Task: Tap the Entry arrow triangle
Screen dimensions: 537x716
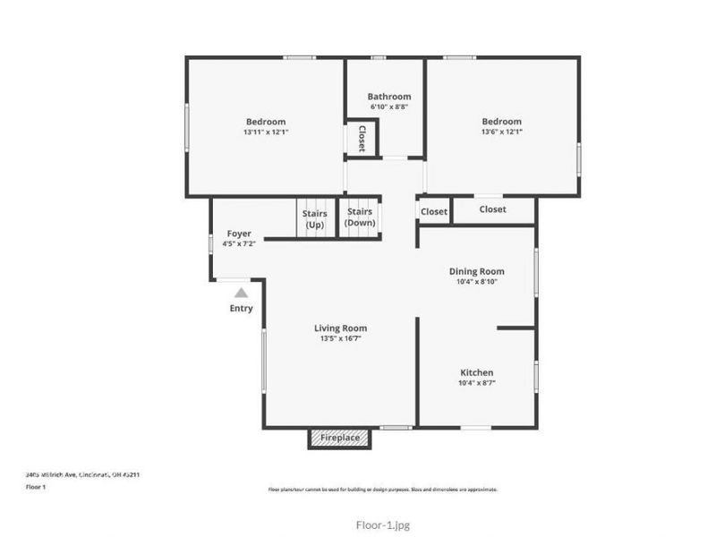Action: tap(241, 292)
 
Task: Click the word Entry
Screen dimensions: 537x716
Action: tap(241, 309)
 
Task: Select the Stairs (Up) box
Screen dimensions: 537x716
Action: tap(314, 219)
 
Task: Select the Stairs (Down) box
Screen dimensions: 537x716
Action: tap(360, 217)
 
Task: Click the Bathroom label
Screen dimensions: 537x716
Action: tap(388, 97)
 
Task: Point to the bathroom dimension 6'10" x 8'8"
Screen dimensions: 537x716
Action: tap(388, 107)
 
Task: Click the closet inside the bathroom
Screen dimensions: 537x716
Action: tap(362, 139)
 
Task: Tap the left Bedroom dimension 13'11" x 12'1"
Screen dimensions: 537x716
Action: tap(266, 132)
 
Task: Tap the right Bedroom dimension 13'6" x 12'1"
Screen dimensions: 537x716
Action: tap(501, 132)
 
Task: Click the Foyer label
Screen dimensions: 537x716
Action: tap(239, 234)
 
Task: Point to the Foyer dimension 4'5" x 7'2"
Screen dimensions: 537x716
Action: tap(239, 243)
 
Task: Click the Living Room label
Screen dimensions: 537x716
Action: tap(340, 328)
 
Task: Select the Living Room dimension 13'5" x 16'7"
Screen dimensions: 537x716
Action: tap(340, 338)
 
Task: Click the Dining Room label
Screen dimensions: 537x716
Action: tap(476, 271)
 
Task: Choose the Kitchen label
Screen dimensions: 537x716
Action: tap(476, 372)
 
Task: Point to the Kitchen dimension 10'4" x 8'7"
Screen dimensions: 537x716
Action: tap(476, 383)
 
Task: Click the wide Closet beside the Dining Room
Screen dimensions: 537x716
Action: tap(493, 210)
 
